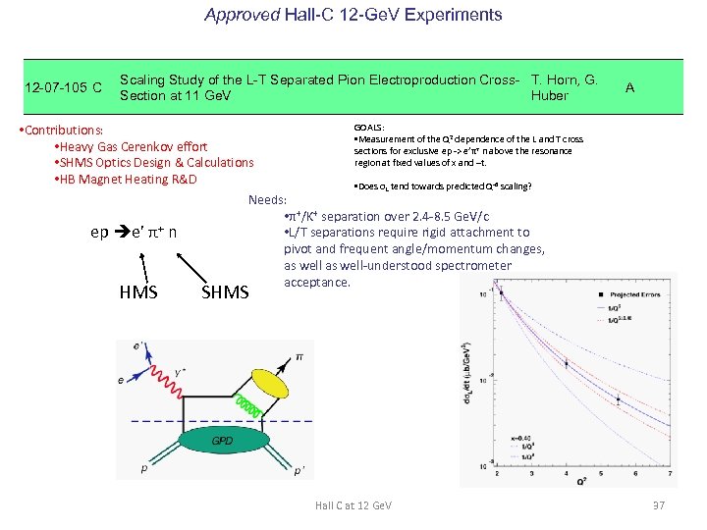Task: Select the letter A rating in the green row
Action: [x=629, y=87]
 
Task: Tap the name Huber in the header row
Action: [x=549, y=96]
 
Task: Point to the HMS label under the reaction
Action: [x=138, y=291]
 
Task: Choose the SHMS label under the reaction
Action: [x=225, y=291]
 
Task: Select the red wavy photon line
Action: [x=201, y=391]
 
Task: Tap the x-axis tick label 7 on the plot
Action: [x=669, y=474]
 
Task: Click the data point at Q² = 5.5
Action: [x=617, y=399]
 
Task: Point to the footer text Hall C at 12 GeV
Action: [x=353, y=504]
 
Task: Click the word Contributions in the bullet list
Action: [x=65, y=130]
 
